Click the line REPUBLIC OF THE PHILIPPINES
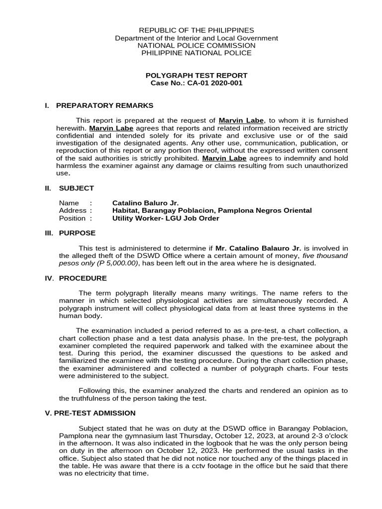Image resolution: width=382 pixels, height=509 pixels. [196, 30]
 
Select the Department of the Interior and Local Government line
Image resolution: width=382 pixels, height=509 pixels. [196, 38]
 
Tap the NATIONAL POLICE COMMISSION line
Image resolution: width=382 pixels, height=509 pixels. [196, 45]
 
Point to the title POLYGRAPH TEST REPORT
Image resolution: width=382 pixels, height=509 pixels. [196, 76]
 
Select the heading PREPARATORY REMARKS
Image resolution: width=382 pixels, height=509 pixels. [104, 105]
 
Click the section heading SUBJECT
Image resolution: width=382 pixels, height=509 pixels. [76, 188]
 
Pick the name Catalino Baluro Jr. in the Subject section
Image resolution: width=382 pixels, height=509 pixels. [145, 203]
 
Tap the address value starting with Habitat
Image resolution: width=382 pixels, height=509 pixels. [212, 210]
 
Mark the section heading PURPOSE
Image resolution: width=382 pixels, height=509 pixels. [77, 233]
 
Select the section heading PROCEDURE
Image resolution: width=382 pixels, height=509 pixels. [83, 278]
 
